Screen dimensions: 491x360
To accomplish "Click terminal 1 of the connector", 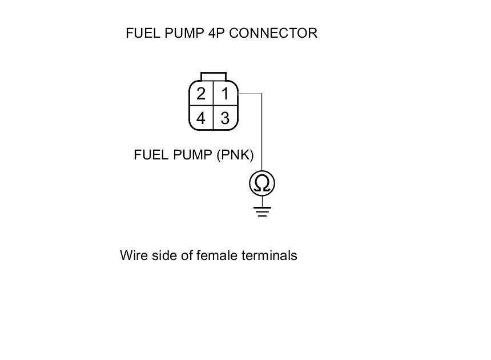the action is [226, 94].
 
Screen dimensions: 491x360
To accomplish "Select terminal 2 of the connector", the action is [201, 94].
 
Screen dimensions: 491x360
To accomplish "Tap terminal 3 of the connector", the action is [226, 118].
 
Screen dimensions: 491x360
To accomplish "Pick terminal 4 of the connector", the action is [201, 118].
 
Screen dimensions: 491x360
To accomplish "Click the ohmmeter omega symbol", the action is [262, 183].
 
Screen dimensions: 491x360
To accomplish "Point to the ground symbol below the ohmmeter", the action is [262, 211].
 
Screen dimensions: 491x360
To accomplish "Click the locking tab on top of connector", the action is [214, 77].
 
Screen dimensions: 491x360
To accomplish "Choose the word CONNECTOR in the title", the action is [273, 33].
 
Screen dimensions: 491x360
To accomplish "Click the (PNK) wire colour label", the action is [235, 155].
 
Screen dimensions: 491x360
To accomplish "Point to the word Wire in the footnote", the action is [132, 255].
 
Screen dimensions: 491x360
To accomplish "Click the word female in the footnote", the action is [215, 255].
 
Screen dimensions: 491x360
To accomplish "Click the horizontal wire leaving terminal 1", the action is [250, 93].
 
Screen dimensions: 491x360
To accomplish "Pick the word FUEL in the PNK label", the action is [150, 155].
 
